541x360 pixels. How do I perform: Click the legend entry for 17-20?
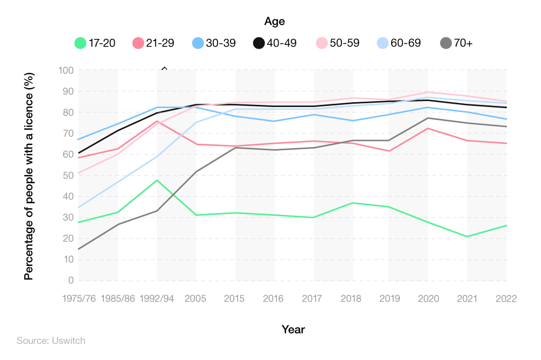(x=95, y=43)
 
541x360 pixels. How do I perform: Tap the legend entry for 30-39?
(x=198, y=43)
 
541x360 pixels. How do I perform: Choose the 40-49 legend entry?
(x=259, y=43)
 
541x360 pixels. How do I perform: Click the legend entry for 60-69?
(x=383, y=43)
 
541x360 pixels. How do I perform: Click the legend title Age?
(x=274, y=22)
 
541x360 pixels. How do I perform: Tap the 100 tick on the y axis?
(x=66, y=70)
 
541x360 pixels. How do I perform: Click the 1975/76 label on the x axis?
(x=80, y=298)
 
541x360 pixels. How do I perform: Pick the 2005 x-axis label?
(x=196, y=298)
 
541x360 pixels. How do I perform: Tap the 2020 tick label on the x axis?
(x=428, y=298)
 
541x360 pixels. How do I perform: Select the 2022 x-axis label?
(x=506, y=298)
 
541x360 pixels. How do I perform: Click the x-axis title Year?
(x=293, y=329)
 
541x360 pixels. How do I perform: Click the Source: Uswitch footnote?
(x=51, y=341)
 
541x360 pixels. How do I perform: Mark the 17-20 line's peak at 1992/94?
(x=157, y=180)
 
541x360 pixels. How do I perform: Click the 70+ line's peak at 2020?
(x=428, y=118)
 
